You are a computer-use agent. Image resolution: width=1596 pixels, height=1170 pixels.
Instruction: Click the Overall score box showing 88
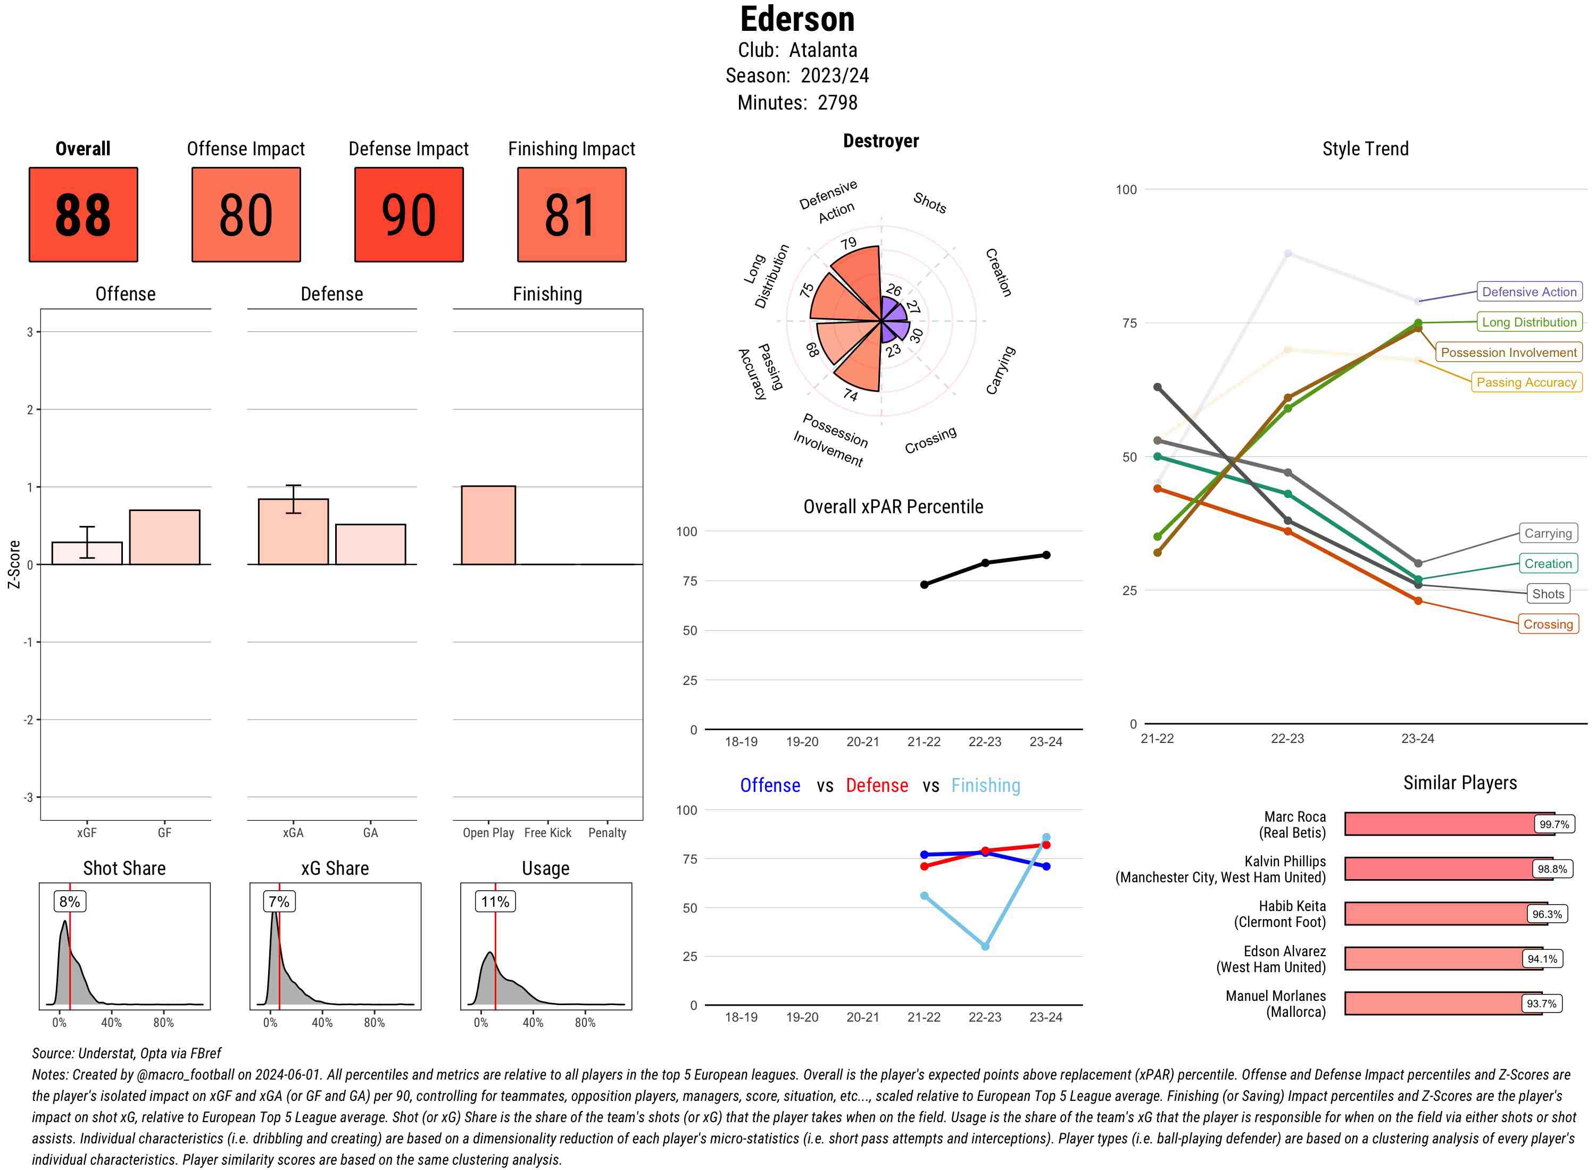(x=83, y=215)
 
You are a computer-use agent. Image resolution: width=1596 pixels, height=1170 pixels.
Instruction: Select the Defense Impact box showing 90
(x=409, y=215)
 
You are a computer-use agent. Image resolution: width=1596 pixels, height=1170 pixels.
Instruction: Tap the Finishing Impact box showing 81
(x=572, y=215)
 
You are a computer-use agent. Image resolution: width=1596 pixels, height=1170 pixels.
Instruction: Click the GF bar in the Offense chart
(x=164, y=537)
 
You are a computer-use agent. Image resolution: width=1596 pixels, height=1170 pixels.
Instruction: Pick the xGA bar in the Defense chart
(x=293, y=532)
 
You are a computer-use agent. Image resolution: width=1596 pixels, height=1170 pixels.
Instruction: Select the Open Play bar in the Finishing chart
(x=488, y=525)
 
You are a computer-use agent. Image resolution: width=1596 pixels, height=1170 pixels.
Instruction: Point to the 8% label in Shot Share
(x=69, y=901)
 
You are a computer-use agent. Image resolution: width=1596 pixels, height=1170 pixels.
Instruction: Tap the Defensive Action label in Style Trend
(x=1529, y=292)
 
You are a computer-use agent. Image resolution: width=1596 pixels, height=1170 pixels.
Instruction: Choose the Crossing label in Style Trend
(x=1547, y=624)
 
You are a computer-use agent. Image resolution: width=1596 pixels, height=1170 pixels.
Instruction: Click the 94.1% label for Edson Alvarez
(x=1542, y=959)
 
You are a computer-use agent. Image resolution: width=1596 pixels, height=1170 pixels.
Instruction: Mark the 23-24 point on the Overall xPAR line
(x=1045, y=555)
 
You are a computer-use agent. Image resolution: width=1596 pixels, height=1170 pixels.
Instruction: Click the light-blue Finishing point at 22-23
(x=985, y=946)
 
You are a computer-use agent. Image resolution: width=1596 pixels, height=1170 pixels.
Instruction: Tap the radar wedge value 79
(x=849, y=244)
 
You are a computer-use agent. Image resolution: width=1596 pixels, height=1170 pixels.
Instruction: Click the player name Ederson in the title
(x=797, y=19)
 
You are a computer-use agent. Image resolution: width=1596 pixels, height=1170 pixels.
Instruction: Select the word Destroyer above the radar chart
(x=880, y=141)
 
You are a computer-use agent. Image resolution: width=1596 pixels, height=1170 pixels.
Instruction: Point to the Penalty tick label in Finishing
(x=607, y=833)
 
